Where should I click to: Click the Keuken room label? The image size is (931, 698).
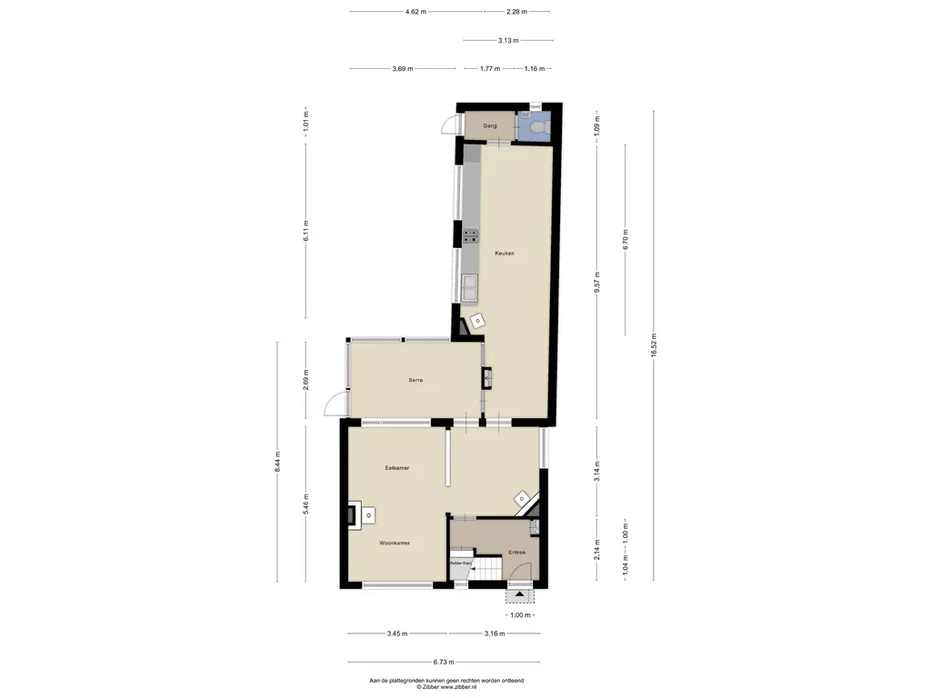[x=505, y=253]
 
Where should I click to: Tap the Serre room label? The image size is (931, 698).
[x=415, y=380]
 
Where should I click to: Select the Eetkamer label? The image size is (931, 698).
[x=397, y=468]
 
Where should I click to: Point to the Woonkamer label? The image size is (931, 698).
[x=395, y=543]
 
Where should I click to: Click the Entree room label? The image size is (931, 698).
[x=516, y=552]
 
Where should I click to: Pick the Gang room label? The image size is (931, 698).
[x=489, y=125]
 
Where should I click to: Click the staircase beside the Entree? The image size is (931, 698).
[x=487, y=570]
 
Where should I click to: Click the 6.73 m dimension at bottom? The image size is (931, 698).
[x=443, y=663]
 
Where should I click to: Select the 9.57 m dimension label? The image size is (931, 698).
[x=597, y=279]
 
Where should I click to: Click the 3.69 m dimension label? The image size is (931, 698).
[x=402, y=69]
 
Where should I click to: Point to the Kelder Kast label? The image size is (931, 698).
[x=461, y=563]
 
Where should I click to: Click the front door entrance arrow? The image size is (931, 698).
[x=521, y=595]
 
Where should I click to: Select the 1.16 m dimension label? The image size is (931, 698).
[x=534, y=69]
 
